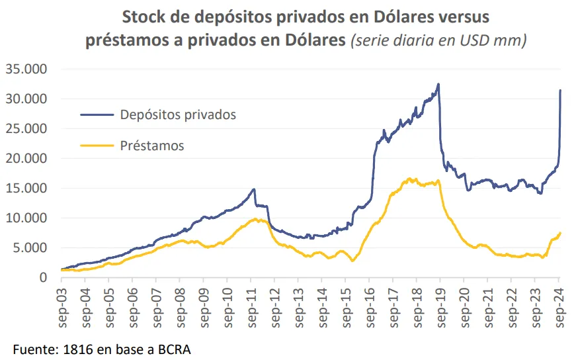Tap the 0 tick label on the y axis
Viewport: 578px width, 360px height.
click(43, 277)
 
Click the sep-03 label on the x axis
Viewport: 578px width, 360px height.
click(61, 305)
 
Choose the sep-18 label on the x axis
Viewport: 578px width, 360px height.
click(416, 305)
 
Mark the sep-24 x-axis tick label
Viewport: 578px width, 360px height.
click(558, 305)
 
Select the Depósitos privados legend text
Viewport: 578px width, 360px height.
click(178, 114)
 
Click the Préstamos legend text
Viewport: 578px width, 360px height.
click(152, 145)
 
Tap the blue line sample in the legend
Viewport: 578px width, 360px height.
click(97, 114)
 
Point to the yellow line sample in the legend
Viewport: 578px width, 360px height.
click(97, 145)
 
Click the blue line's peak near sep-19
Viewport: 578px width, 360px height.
click(438, 84)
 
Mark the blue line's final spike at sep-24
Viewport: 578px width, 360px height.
click(561, 91)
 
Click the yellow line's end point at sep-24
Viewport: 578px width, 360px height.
click(561, 233)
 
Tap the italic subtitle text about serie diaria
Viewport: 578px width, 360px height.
click(439, 40)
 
